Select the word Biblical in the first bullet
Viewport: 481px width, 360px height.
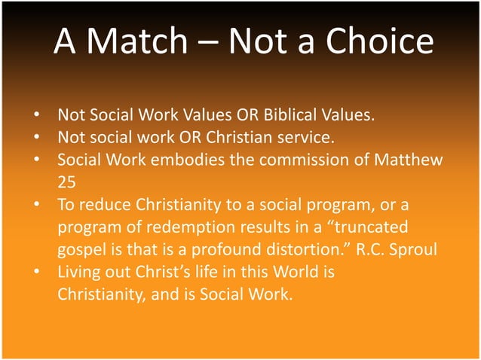coord(285,117)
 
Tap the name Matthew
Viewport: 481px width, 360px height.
coord(408,160)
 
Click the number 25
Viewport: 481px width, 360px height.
coord(67,182)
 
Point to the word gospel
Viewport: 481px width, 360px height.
coord(81,249)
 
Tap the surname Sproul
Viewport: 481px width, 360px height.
coord(411,249)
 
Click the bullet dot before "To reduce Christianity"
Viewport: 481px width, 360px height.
coord(36,205)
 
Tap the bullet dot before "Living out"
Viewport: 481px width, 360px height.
coord(36,271)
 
